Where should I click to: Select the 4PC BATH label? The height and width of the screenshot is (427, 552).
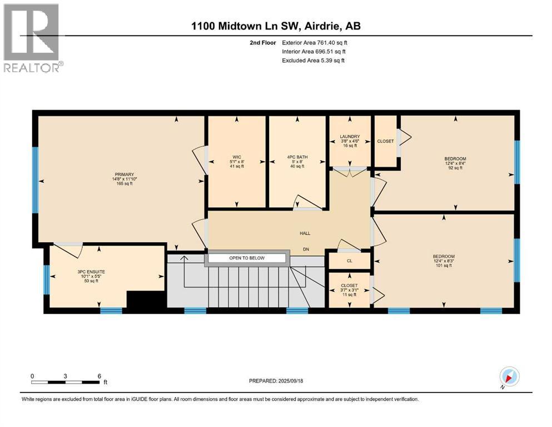click(x=296, y=161)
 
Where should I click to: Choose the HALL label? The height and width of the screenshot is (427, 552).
click(x=305, y=235)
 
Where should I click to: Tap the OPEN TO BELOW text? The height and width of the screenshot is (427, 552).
click(x=247, y=258)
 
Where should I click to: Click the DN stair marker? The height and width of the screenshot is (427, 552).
click(x=306, y=250)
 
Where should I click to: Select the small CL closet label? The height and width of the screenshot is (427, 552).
click(x=349, y=260)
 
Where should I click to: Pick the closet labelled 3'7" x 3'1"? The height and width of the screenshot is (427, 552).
click(x=350, y=290)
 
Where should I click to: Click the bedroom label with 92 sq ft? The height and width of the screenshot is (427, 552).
click(x=455, y=163)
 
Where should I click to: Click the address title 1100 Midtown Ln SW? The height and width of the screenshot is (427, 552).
click(x=276, y=26)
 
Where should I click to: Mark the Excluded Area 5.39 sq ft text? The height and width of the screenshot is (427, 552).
click(x=313, y=60)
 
